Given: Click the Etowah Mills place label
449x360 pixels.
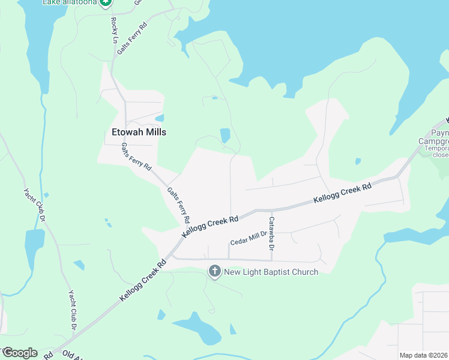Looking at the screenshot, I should click(x=139, y=132).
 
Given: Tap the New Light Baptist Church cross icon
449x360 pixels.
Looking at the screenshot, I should click(x=214, y=272).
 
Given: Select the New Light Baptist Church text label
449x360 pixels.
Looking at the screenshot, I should click(x=271, y=272).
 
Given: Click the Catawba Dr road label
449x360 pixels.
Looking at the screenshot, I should click(x=271, y=234).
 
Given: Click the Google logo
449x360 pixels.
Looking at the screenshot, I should click(x=20, y=352).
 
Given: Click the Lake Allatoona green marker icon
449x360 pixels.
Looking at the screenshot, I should click(x=106, y=3).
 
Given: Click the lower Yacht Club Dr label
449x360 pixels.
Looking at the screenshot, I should click(x=71, y=311).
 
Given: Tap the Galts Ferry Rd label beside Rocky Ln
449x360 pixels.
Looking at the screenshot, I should click(x=132, y=39).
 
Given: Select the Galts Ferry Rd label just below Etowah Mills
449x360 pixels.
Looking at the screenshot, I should click(x=136, y=157).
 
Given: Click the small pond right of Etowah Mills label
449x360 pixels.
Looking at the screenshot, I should click(x=160, y=118).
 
